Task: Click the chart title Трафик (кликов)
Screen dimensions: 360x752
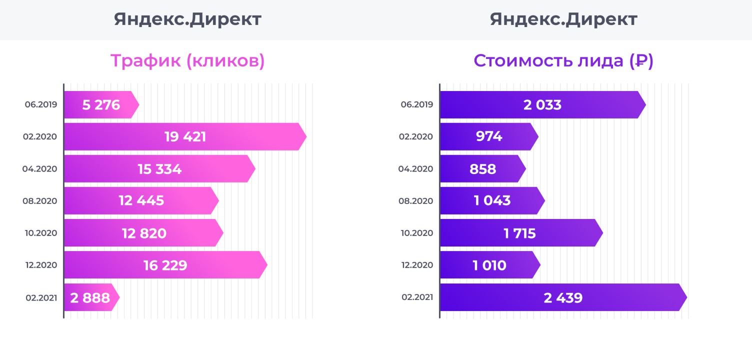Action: [187, 61]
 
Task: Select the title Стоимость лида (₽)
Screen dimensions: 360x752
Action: [563, 61]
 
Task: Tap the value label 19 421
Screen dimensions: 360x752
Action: [185, 137]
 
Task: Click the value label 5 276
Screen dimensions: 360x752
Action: [101, 105]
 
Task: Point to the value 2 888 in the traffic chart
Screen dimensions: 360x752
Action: [90, 298]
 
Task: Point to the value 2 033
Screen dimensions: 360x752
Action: [542, 105]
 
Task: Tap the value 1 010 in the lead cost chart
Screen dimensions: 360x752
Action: [489, 265]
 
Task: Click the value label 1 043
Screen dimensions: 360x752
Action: [492, 201]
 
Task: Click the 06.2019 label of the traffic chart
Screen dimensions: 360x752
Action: [41, 105]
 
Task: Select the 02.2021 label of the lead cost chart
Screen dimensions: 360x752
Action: [417, 297]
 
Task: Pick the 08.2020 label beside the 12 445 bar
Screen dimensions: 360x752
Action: [40, 201]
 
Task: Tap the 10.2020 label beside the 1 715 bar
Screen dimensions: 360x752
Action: [416, 233]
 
